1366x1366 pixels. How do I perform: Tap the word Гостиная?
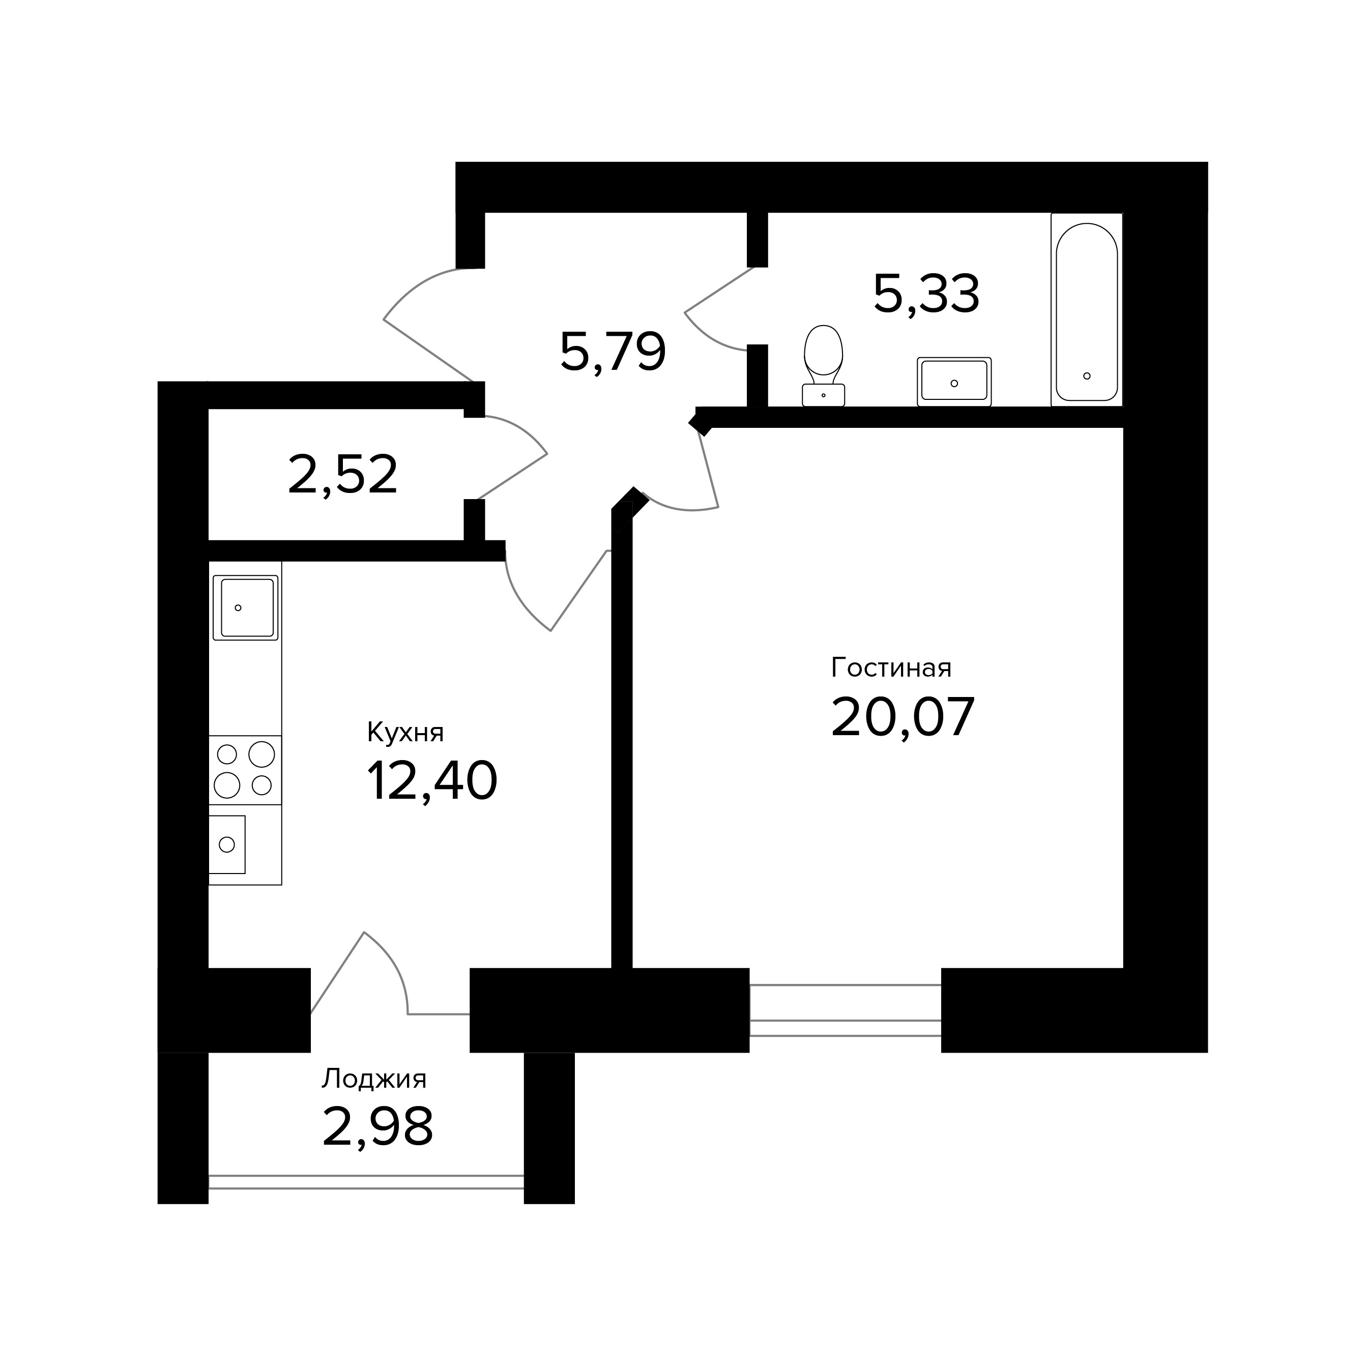pos(891,667)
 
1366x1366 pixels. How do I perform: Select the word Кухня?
pos(405,733)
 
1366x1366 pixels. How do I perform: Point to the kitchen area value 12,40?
pos(432,781)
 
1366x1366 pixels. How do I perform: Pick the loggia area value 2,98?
pos(377,1126)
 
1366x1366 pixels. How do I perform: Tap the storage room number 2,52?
pos(343,475)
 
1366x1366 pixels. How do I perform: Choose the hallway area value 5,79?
pos(613,352)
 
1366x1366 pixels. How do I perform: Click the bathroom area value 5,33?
pos(926,294)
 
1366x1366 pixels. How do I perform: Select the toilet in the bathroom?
pos(824,366)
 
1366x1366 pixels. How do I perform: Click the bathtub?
pos(1087,310)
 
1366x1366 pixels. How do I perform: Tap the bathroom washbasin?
pos(954,382)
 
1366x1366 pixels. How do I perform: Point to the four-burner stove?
pos(245,770)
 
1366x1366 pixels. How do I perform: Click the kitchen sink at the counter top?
pos(245,607)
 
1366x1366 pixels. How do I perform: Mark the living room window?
pos(845,1010)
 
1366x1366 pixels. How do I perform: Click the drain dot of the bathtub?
pos(1087,375)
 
